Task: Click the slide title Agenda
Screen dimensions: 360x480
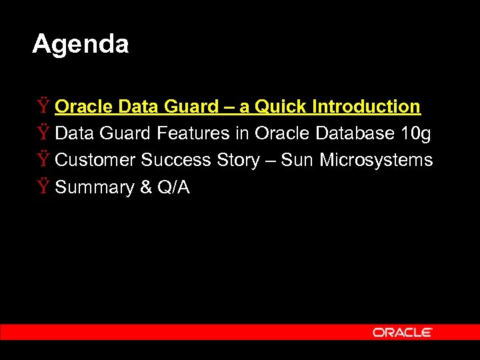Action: tap(80, 45)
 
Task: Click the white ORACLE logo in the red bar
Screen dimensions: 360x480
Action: tap(402, 332)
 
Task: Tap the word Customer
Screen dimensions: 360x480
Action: tap(95, 161)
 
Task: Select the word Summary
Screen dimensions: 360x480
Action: tap(94, 188)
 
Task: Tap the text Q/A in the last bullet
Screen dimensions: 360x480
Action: tap(173, 187)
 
